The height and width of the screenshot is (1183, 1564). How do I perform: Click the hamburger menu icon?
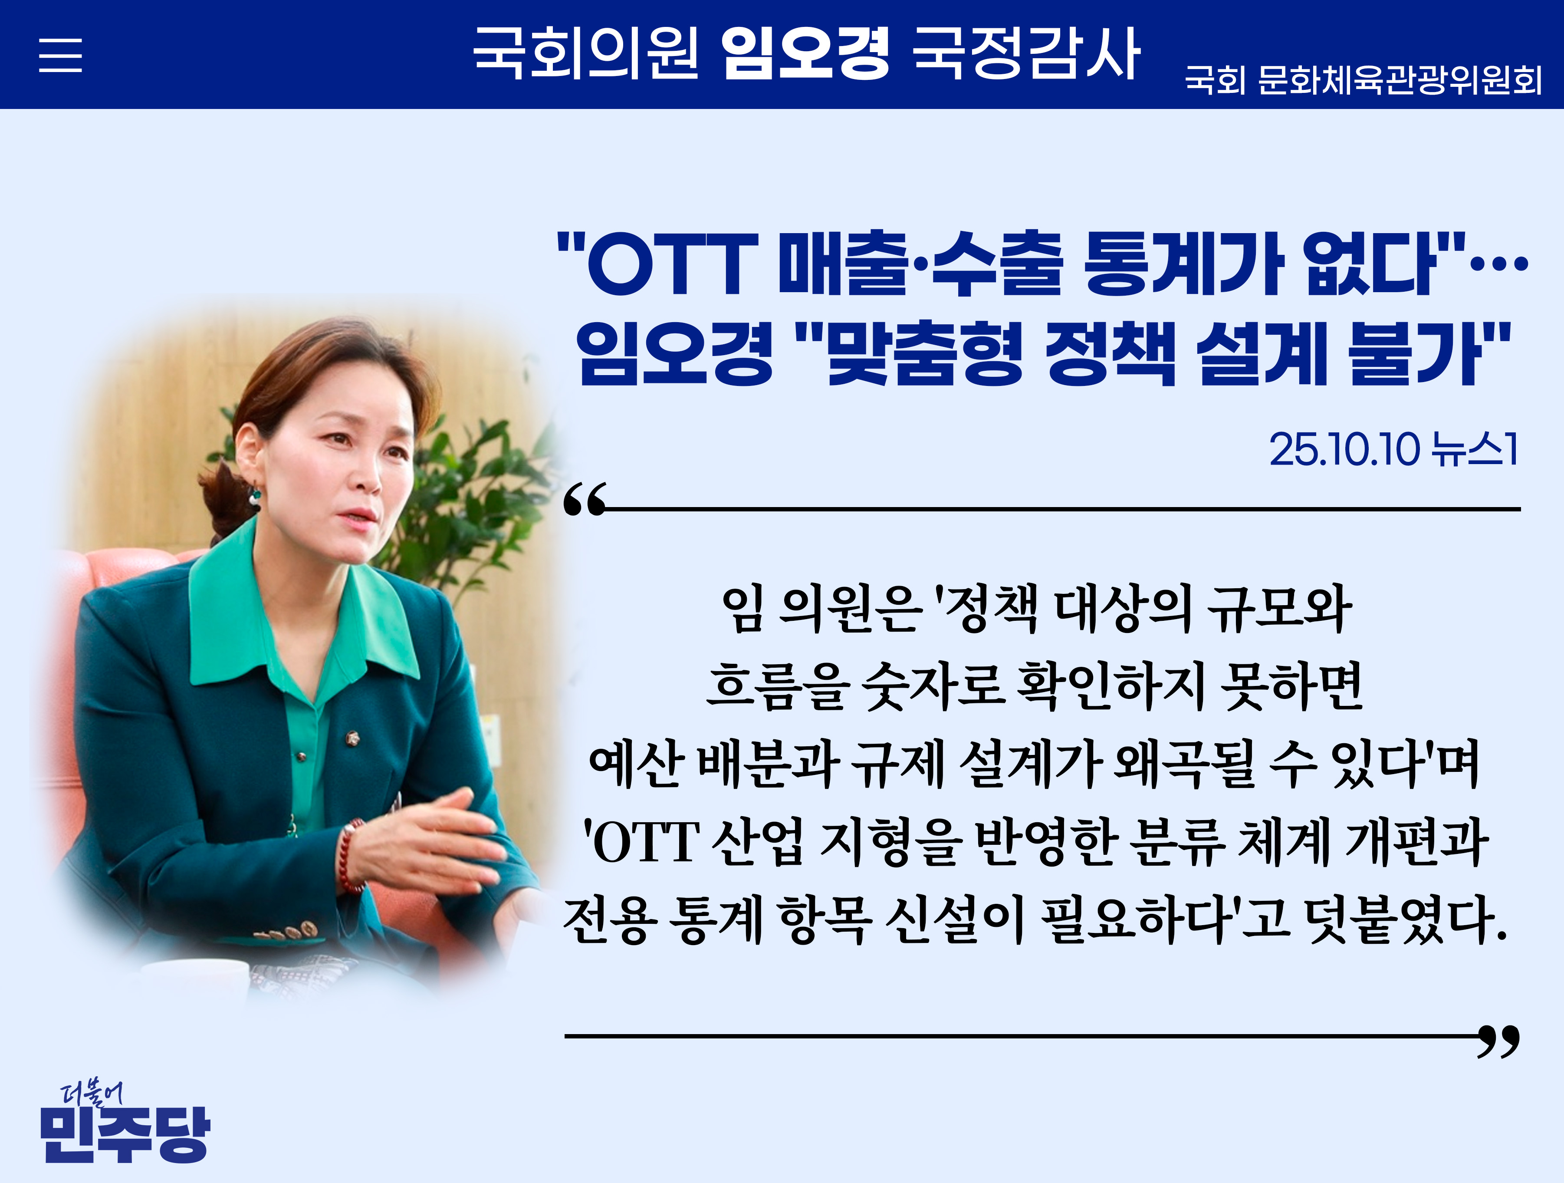point(60,55)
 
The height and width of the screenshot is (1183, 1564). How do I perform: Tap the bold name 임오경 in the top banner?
point(805,53)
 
